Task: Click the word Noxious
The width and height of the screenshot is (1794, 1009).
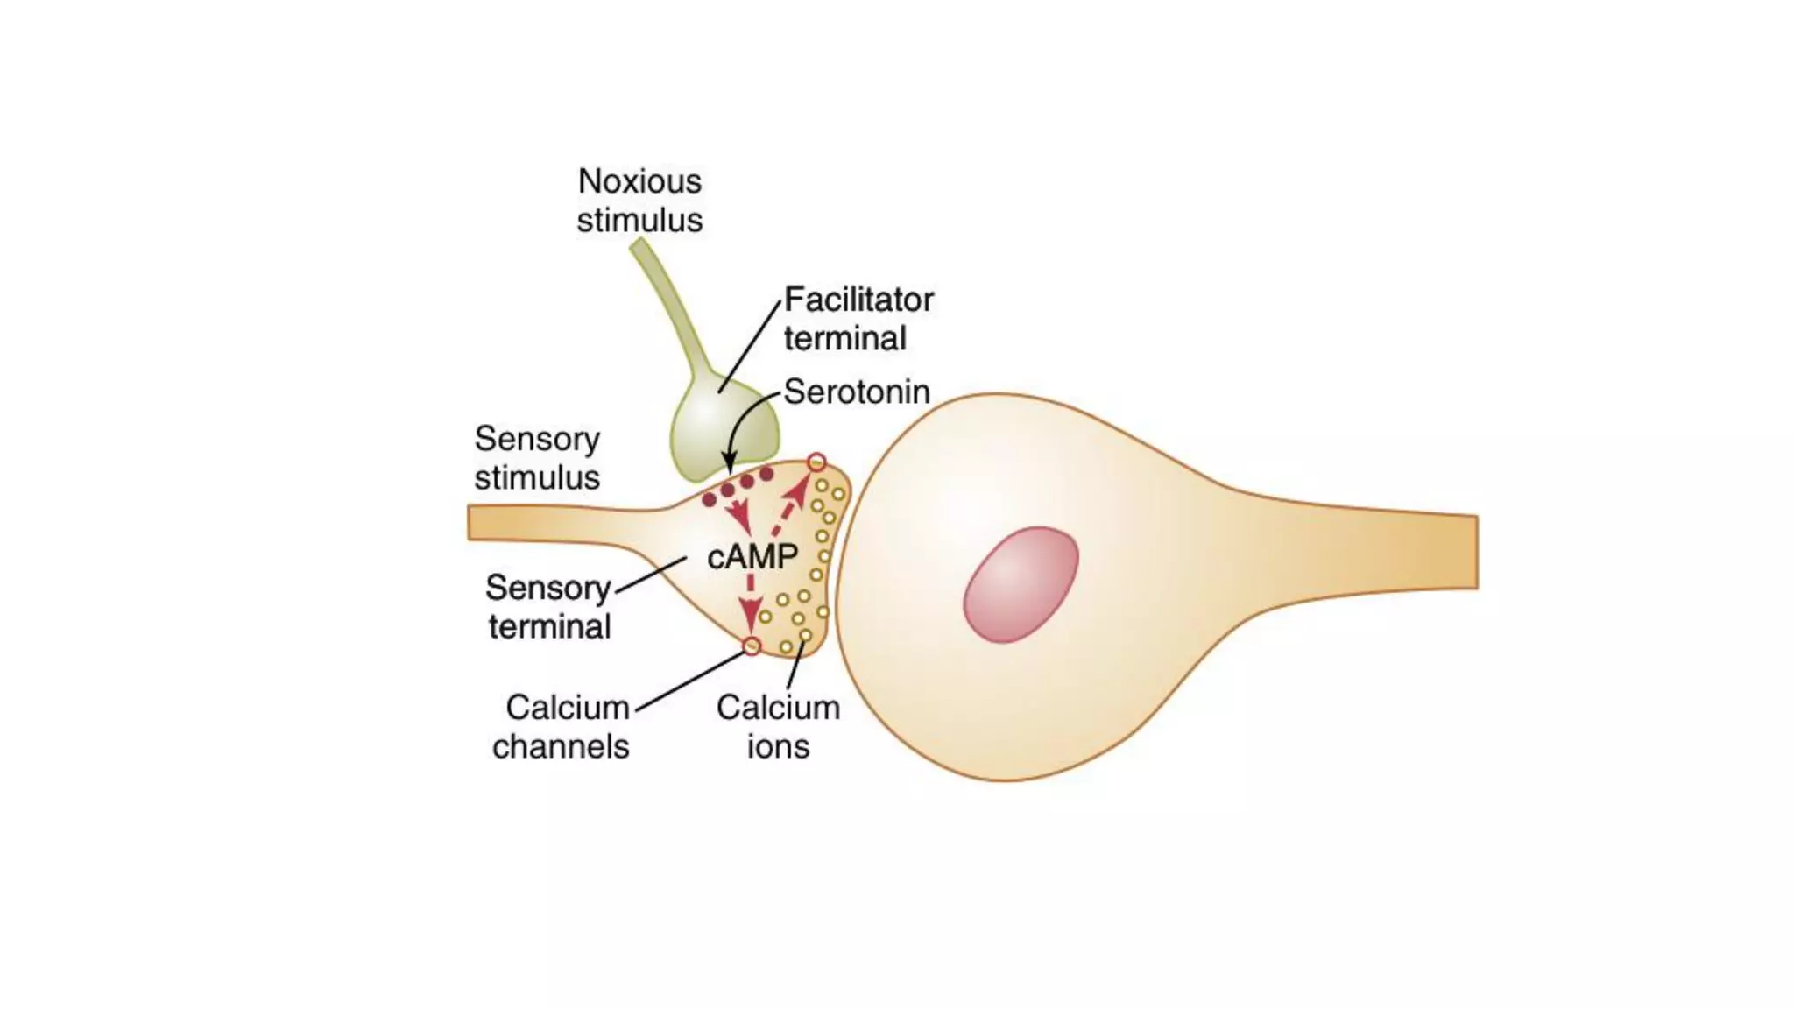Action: (x=639, y=182)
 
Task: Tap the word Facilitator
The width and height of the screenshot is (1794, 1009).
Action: (x=858, y=300)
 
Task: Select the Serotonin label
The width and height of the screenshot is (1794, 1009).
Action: (x=856, y=392)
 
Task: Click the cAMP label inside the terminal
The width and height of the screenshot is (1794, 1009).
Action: (x=752, y=556)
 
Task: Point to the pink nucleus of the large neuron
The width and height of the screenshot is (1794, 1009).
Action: (x=1021, y=584)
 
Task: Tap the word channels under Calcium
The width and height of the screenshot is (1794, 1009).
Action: (x=561, y=747)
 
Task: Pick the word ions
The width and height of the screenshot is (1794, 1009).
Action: (x=778, y=747)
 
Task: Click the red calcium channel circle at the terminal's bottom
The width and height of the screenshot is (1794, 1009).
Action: (x=752, y=646)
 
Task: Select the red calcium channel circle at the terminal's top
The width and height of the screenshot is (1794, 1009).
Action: (x=816, y=462)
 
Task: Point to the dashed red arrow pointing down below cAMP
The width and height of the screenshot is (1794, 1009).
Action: (x=751, y=604)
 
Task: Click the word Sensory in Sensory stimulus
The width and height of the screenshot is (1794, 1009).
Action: (x=537, y=439)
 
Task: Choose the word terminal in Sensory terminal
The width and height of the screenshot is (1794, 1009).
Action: (x=549, y=627)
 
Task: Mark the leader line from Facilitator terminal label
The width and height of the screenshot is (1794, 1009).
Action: (x=750, y=346)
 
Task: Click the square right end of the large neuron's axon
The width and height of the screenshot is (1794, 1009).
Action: (x=1474, y=552)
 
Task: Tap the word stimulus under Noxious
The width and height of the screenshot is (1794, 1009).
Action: (x=639, y=221)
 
